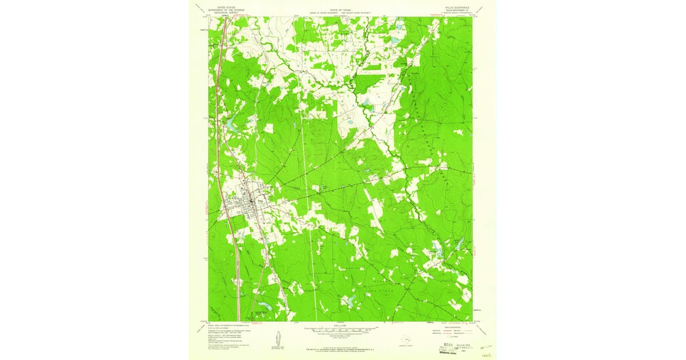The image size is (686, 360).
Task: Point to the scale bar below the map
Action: [x=342, y=329]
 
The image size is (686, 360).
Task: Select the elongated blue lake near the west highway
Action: [x=230, y=123]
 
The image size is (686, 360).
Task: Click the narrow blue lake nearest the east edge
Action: [x=459, y=244]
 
